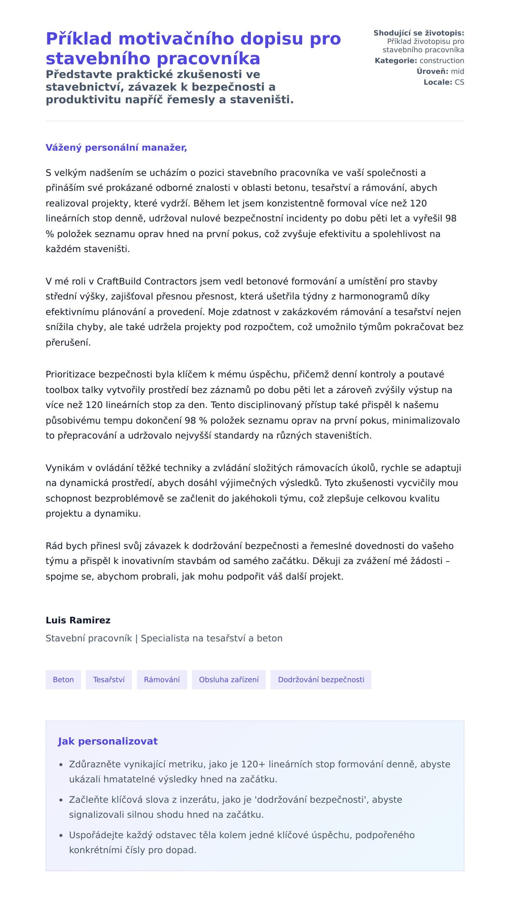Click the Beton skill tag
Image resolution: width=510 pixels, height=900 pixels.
(63, 679)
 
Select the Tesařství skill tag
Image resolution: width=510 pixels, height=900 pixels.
(109, 679)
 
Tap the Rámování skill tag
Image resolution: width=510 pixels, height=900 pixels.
(162, 679)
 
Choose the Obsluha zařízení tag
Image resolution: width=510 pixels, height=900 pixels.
(229, 679)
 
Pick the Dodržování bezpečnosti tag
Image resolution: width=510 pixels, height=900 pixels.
(321, 679)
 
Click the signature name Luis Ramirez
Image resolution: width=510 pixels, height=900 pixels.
(78, 620)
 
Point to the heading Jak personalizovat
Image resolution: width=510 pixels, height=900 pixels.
(108, 741)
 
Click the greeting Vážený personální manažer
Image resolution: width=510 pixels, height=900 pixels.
(116, 147)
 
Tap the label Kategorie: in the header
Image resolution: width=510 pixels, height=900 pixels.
(396, 61)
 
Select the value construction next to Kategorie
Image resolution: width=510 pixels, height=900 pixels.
(442, 61)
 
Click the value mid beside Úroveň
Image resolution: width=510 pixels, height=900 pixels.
(457, 71)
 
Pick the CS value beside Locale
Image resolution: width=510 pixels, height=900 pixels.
(459, 82)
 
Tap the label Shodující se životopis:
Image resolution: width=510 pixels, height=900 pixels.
(419, 33)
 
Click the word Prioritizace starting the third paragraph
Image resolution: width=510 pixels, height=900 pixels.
(71, 374)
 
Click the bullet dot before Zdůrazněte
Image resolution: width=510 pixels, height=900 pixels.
(61, 764)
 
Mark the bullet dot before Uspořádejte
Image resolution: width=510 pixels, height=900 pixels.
(61, 835)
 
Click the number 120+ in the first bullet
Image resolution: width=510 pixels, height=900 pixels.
(253, 764)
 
